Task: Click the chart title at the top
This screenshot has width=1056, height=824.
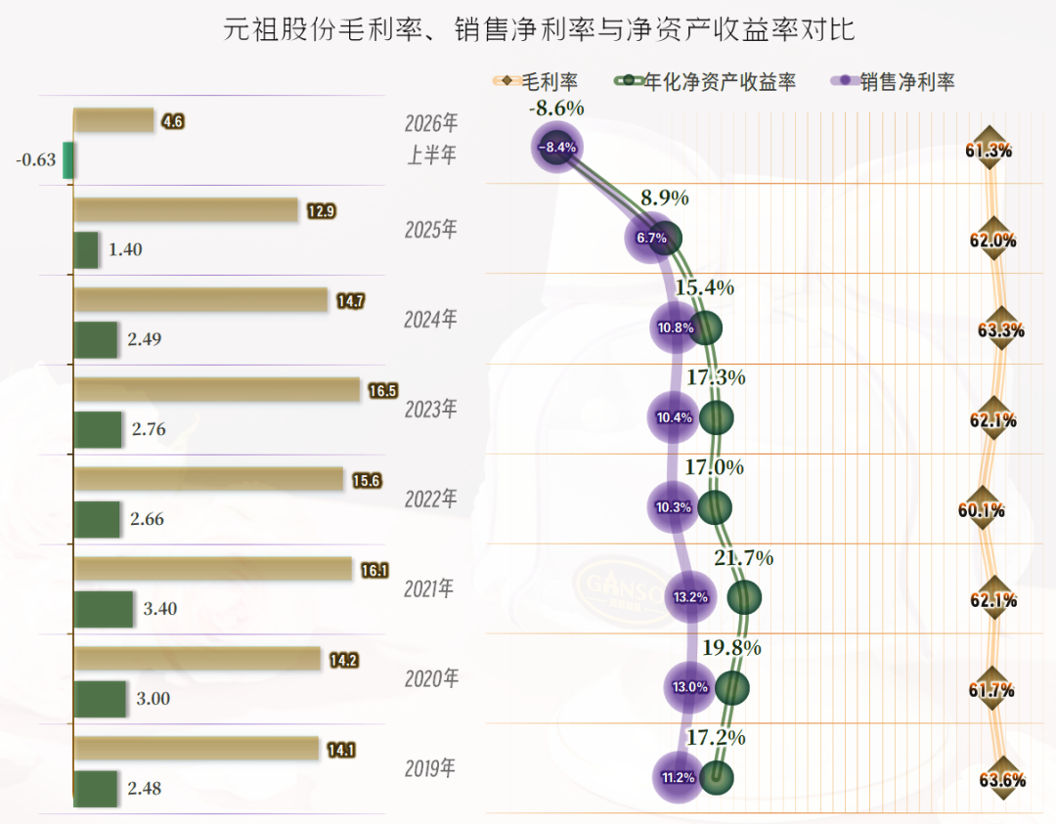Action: (x=539, y=29)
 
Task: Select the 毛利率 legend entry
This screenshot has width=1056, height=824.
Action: (x=536, y=81)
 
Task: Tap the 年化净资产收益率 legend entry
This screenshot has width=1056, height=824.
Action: (x=705, y=81)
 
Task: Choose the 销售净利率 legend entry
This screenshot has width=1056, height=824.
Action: (x=893, y=81)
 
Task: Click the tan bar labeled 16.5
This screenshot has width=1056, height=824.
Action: (x=217, y=390)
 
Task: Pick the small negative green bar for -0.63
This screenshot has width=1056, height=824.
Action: (x=68, y=160)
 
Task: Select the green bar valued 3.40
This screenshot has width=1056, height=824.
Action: (x=103, y=609)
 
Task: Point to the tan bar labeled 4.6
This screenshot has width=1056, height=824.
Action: (x=113, y=120)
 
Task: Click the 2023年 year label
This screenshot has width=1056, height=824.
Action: (x=430, y=409)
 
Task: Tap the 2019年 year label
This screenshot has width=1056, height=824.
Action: (x=429, y=768)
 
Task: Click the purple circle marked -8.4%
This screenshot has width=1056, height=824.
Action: (x=557, y=147)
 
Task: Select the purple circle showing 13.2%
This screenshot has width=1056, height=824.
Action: (x=690, y=597)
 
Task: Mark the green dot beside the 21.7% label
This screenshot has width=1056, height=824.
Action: (x=744, y=597)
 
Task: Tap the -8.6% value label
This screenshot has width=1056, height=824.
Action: (x=556, y=108)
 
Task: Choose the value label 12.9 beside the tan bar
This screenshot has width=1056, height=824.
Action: (x=322, y=211)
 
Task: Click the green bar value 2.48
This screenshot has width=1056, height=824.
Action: (x=145, y=788)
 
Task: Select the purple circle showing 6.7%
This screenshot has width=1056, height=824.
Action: (x=651, y=238)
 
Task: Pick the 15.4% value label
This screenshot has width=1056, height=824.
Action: (x=704, y=287)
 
